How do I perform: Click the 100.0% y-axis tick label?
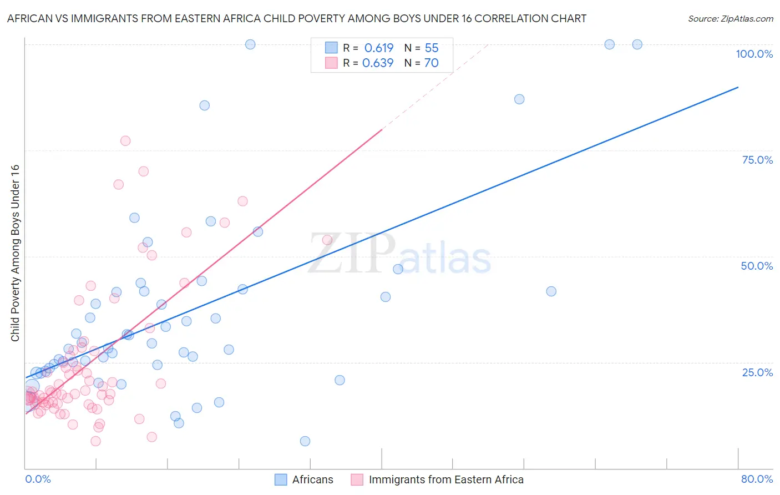click(754, 54)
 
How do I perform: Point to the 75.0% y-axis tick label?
click(757, 160)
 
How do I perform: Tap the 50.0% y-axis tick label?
click(757, 266)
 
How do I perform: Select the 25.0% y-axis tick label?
click(757, 372)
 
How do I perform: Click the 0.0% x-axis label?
click(38, 479)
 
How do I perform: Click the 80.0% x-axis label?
click(757, 479)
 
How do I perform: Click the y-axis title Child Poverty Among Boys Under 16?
click(15, 253)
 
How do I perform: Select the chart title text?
click(296, 18)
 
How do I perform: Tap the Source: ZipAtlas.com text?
click(730, 18)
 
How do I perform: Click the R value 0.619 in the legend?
click(378, 48)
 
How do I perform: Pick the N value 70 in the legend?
click(431, 63)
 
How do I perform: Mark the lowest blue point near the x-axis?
click(305, 441)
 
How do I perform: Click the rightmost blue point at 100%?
click(637, 44)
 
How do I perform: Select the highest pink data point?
click(125, 141)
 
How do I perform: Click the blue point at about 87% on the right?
click(519, 99)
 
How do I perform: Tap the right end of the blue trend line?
click(738, 87)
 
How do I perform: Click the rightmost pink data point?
click(327, 240)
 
